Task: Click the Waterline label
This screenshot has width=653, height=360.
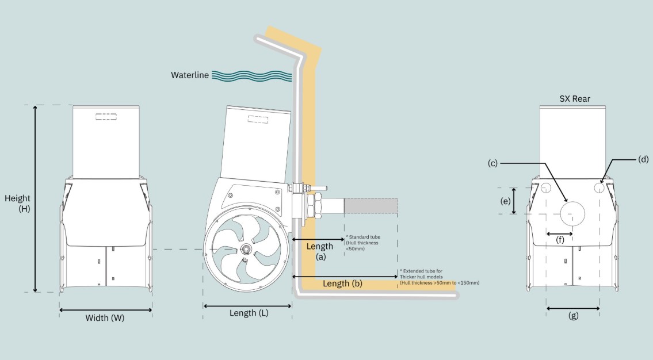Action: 190,75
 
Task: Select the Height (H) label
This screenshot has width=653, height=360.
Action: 18,204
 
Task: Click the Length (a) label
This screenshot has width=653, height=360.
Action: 320,251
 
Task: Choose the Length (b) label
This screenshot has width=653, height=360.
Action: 342,284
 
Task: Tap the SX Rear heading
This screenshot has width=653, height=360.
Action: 575,99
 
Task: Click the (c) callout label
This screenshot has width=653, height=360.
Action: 492,163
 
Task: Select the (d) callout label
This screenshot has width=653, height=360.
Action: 643,159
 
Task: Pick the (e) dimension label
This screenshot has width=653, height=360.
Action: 505,201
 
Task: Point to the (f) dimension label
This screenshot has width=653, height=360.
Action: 560,241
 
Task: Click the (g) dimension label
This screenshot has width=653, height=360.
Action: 573,316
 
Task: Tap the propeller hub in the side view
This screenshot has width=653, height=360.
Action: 246,248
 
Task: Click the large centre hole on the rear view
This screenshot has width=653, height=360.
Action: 572,213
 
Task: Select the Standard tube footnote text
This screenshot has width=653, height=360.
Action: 362,243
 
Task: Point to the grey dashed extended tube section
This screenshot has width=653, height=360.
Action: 371,207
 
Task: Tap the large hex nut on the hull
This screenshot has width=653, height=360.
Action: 316,205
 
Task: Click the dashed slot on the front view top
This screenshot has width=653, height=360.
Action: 106,117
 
